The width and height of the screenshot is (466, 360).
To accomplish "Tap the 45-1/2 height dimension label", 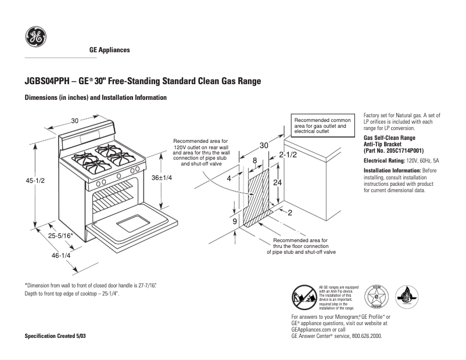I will pyautogui.click(x=35, y=181).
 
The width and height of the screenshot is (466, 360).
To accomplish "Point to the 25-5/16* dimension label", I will pyautogui.click(x=60, y=235).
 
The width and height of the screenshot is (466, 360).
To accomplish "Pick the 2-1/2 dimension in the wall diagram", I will pyautogui.click(x=288, y=154).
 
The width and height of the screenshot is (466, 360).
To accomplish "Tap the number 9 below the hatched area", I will pyautogui.click(x=235, y=221).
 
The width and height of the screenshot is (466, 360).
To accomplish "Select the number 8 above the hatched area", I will pyautogui.click(x=254, y=160).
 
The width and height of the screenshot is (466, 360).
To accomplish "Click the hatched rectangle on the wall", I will pyautogui.click(x=259, y=195).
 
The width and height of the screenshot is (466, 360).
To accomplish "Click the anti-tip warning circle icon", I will pyautogui.click(x=304, y=297).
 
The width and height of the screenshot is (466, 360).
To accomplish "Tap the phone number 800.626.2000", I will pyautogui.click(x=364, y=336).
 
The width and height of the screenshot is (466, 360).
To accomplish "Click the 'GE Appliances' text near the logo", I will pyautogui.click(x=109, y=50).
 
